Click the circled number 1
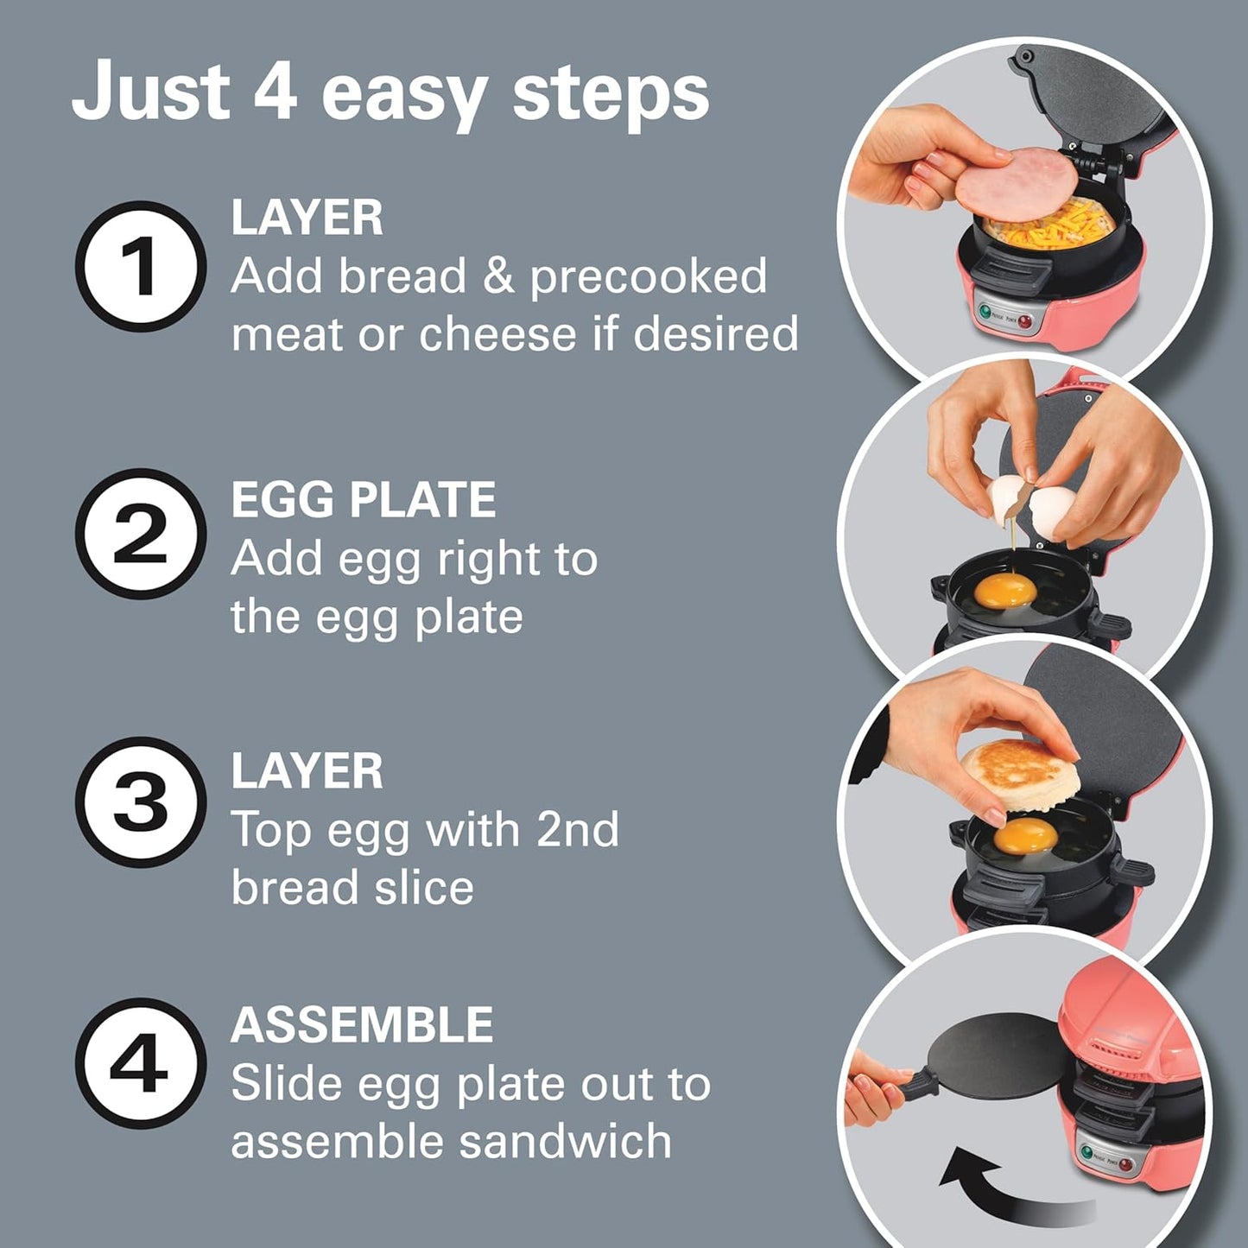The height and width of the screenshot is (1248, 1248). click(x=141, y=267)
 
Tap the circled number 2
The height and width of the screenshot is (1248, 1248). click(x=141, y=535)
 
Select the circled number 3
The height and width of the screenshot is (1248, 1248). click(x=141, y=802)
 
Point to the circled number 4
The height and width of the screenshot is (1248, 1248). click(x=141, y=1063)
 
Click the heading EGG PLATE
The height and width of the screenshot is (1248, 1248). click(x=363, y=499)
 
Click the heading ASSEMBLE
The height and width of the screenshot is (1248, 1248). click(x=361, y=1025)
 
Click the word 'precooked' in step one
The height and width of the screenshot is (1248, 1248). click(x=648, y=276)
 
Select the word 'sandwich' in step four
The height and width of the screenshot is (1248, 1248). click(x=565, y=1142)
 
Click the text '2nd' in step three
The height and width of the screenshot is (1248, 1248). click(x=577, y=830)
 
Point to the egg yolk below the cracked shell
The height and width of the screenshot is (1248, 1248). click(x=1004, y=592)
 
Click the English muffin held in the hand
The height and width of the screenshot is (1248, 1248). click(x=1020, y=774)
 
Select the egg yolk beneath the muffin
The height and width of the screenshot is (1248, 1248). click(x=1025, y=835)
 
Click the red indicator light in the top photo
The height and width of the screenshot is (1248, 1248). click(x=1025, y=322)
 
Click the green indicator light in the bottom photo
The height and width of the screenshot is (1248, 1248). click(x=1087, y=1152)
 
